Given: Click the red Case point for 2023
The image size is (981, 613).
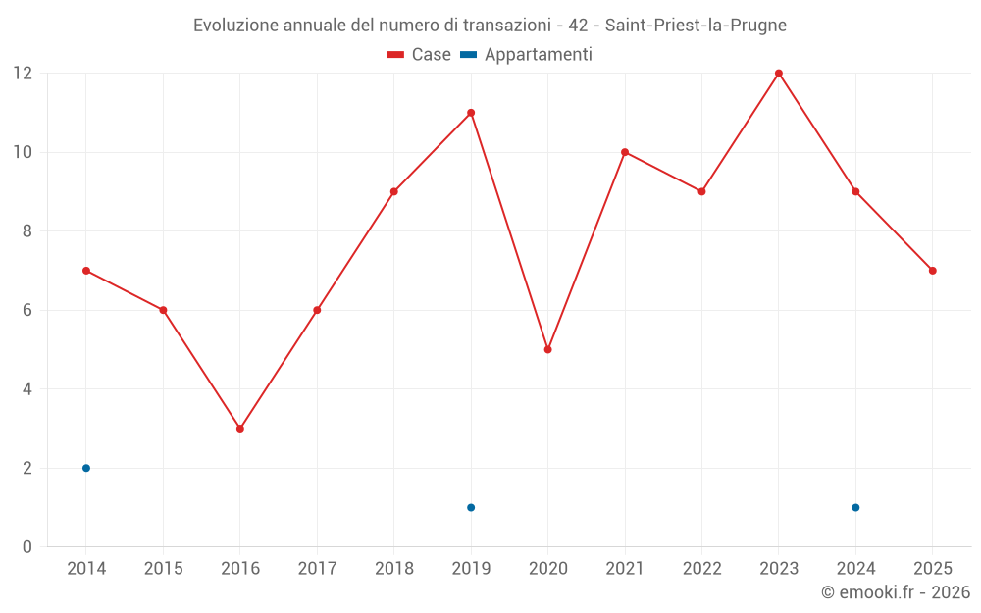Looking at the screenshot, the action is [778, 74].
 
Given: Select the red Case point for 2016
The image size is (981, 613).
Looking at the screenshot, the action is [240, 429].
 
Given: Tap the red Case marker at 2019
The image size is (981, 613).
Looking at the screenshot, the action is [471, 113].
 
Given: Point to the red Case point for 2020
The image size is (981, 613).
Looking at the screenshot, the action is [548, 350].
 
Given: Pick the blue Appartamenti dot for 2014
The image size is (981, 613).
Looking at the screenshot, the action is [86, 468].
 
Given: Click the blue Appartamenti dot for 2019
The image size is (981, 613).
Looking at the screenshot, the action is [471, 507].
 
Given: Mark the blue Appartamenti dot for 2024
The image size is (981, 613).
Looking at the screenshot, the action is [855, 507].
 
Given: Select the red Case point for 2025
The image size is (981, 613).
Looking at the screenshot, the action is [932, 271].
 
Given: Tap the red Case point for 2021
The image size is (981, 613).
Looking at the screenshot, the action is [625, 152].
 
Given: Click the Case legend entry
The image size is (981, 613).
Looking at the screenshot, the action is [419, 54].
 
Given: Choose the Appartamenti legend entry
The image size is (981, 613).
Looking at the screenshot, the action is [526, 55].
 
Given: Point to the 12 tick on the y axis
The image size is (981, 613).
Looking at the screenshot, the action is [23, 74].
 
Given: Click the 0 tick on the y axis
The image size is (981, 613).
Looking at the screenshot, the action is [26, 546].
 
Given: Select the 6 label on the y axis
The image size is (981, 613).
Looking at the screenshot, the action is [26, 310].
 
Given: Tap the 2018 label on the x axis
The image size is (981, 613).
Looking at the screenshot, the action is [394, 568].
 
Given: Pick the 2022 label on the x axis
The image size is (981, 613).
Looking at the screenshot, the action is [702, 568].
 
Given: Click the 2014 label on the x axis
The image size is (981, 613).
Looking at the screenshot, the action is [86, 568].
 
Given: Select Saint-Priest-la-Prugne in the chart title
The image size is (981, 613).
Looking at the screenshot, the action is [696, 26].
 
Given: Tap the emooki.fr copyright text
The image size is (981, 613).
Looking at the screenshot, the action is [896, 591].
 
